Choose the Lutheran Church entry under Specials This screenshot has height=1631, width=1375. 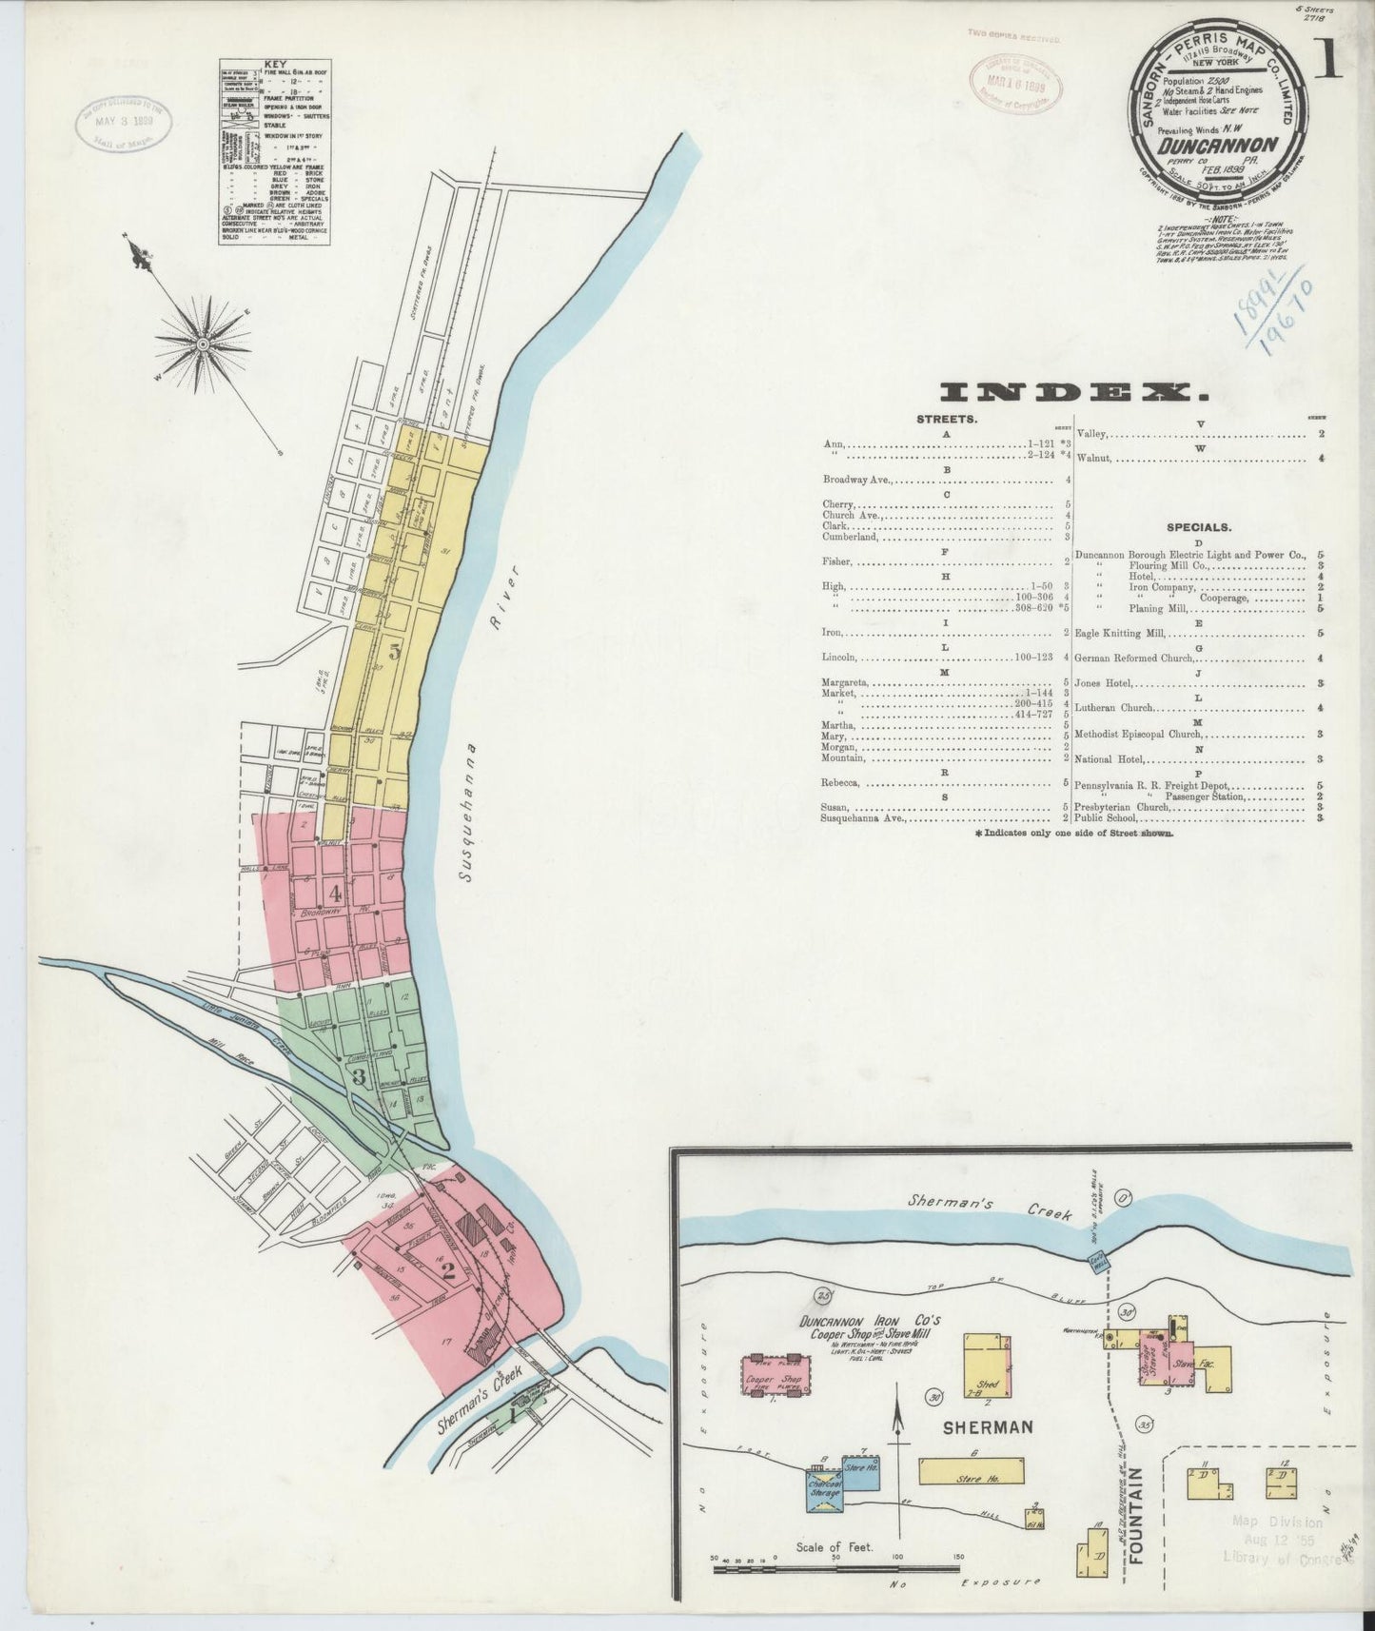1115,708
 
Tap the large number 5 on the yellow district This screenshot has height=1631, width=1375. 394,653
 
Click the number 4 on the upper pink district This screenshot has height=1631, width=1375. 335,894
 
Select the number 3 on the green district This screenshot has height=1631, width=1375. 359,1076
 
